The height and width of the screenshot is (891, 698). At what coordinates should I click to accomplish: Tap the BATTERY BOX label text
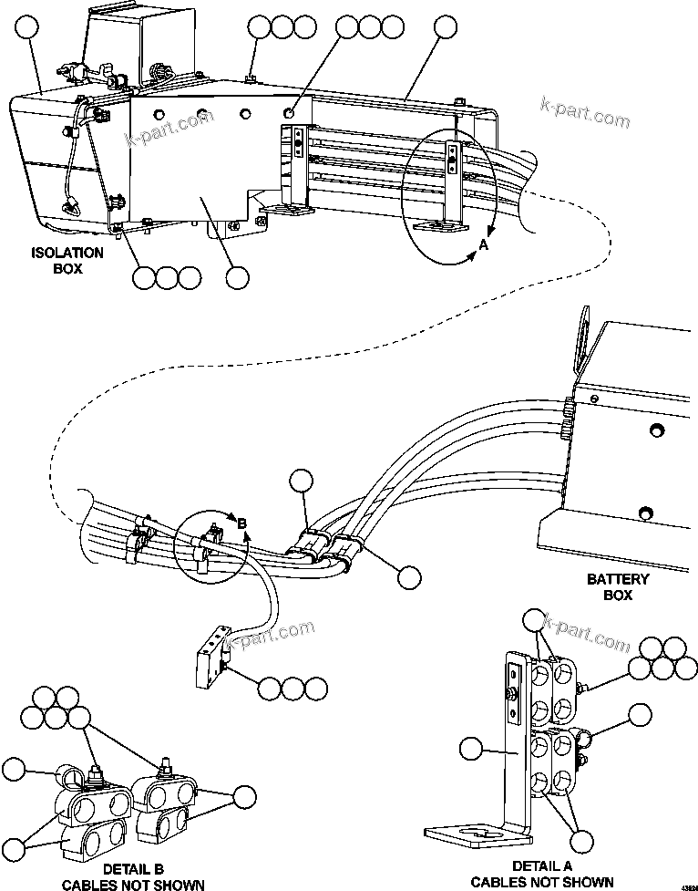(x=618, y=587)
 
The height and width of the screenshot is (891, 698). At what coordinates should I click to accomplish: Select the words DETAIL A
(x=542, y=865)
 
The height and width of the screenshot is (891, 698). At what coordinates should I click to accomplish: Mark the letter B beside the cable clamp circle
(x=241, y=523)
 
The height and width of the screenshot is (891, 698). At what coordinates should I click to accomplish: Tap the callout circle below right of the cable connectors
(x=409, y=576)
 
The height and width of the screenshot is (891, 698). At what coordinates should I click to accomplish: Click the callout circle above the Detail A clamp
(x=536, y=622)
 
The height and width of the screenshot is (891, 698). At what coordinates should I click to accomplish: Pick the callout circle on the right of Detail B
(x=243, y=795)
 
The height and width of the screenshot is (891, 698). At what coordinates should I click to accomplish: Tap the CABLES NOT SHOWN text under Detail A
(x=542, y=882)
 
